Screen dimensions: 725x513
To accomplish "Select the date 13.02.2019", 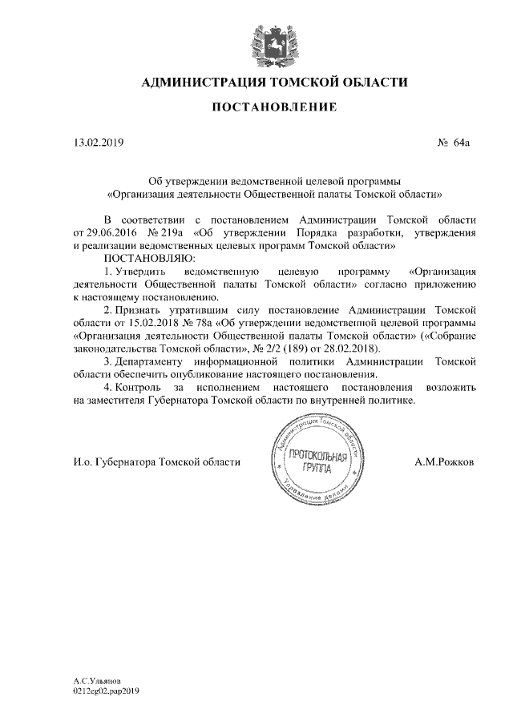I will point(98,143).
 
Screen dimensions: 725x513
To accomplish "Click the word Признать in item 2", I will point(136,311).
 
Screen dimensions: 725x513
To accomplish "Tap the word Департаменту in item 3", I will point(156,362).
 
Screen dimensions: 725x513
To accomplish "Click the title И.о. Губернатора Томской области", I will point(156,462).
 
